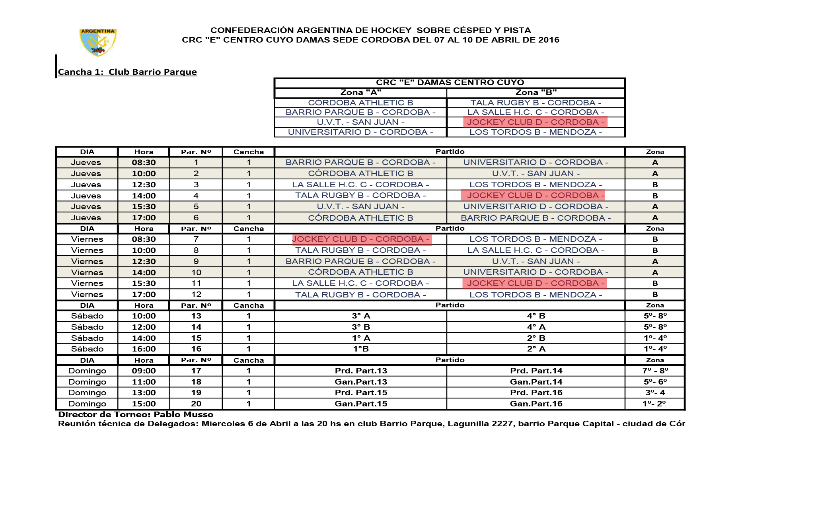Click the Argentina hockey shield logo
tap(98, 42)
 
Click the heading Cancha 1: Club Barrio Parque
tap(127, 72)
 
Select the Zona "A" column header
tap(360, 93)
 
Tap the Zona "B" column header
tap(536, 93)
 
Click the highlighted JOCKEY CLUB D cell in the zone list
tap(535, 122)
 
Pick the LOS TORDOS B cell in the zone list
tap(536, 132)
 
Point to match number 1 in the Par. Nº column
tap(196, 162)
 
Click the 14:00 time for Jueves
tap(144, 196)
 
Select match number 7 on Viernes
tap(196, 239)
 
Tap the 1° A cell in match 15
tap(360, 338)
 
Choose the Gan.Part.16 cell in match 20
tap(536, 404)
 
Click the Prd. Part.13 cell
tap(360, 371)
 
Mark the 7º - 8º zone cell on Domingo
tap(655, 371)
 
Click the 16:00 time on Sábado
tap(144, 349)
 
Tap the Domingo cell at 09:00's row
tap(87, 371)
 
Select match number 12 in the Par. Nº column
tap(196, 294)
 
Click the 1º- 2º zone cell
tap(654, 404)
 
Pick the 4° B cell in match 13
tap(536, 316)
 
